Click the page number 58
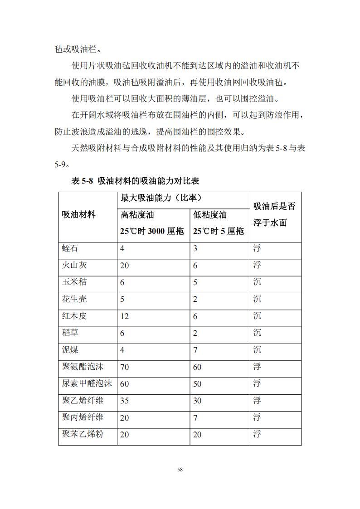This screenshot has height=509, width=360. click(x=180, y=470)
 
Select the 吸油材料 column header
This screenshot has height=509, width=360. click(x=78, y=215)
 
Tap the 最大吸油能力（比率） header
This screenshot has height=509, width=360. click(x=161, y=198)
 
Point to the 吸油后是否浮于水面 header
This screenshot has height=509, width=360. click(x=274, y=214)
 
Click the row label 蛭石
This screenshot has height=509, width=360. click(x=70, y=248)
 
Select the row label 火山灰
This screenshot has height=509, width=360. click(x=74, y=265)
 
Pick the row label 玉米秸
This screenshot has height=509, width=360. click(x=74, y=282)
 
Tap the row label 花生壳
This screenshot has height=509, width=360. click(x=74, y=299)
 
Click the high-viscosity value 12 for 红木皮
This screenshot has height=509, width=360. click(x=124, y=316)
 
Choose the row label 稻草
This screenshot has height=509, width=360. click(x=70, y=333)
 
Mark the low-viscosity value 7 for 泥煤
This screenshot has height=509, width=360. click(x=195, y=350)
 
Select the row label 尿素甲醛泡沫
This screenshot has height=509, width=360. click(x=87, y=383)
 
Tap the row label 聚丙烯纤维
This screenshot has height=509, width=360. click(x=83, y=417)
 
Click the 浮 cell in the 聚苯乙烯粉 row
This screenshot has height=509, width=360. click(x=257, y=434)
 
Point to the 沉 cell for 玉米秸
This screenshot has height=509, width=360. click(x=257, y=282)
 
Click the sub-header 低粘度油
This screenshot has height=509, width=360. click(x=210, y=215)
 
